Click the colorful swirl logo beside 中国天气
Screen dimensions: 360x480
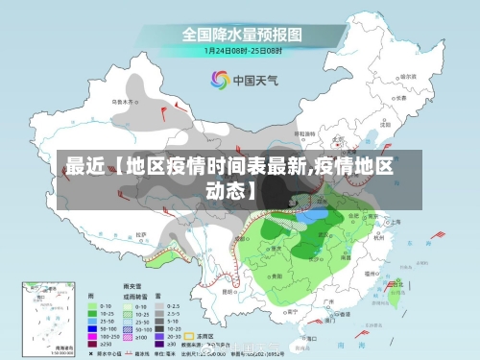[220, 81]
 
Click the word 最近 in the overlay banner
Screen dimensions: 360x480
[78, 165]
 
